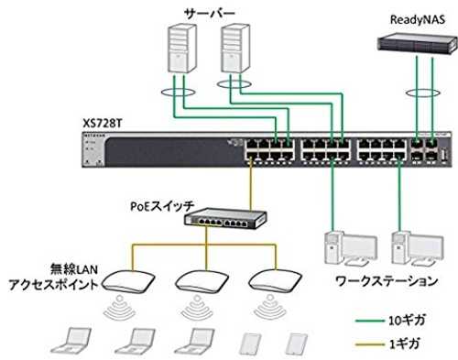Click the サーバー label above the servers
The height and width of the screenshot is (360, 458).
coord(210,14)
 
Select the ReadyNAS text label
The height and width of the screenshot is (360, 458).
coord(418,20)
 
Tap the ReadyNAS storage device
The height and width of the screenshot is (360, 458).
coord(418,44)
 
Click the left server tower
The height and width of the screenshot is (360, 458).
coord(182,49)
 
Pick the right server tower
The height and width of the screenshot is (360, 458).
coord(235,49)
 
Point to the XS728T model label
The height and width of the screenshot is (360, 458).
coord(102,124)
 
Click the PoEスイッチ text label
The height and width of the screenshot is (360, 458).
coord(162,207)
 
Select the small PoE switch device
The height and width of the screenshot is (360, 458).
coord(225,218)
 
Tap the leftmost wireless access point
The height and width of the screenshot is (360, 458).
coord(128,280)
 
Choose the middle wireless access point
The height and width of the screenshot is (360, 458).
coord(202,280)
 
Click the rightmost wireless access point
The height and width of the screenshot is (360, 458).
coord(276,280)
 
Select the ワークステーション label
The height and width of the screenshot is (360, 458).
coord(387,281)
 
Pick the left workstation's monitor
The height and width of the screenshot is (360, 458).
coord(360,246)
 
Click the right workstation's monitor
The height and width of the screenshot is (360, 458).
coord(426,246)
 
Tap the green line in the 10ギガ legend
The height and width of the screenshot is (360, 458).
coord(370,321)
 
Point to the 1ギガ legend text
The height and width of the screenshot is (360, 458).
coord(405,344)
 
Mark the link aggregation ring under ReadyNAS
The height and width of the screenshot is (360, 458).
coord(423,93)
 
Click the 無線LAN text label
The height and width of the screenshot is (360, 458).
coord(74,269)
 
